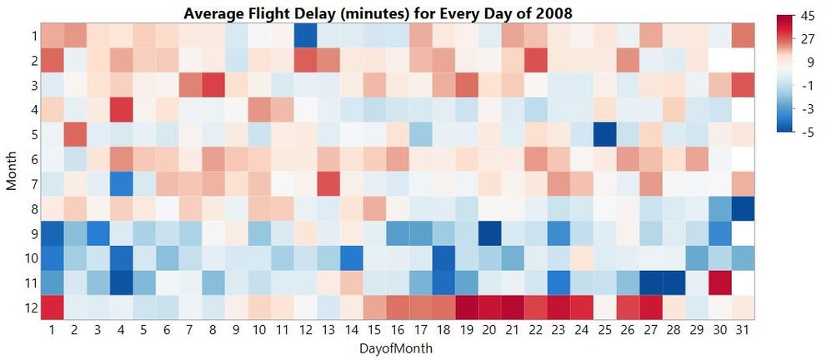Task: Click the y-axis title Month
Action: pos(12,172)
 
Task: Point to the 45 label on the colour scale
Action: pos(808,16)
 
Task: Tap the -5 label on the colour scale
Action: pos(807,132)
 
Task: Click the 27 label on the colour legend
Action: pos(808,38)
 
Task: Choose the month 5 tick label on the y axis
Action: pos(32,133)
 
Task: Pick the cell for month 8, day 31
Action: pos(741,208)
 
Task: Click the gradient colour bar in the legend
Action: pos(785,74)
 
